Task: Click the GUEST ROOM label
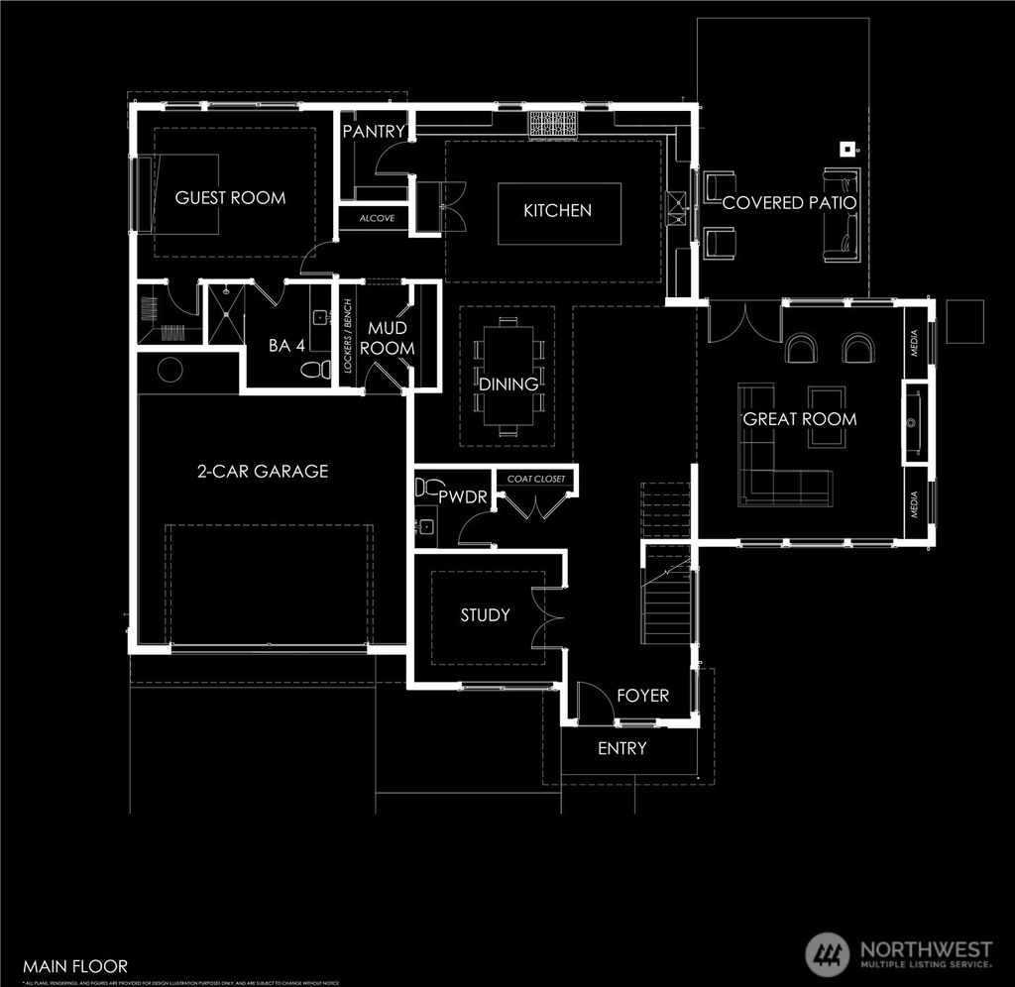tap(230, 198)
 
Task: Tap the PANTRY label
tap(374, 132)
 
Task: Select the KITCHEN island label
tap(557, 210)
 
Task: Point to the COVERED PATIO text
tap(789, 203)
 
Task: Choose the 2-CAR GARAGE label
tap(262, 472)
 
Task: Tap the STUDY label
tap(485, 615)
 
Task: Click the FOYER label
tap(642, 696)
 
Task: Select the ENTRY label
tap(621, 748)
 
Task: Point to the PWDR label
tap(463, 497)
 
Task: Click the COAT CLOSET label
tap(536, 480)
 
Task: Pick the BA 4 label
tap(285, 346)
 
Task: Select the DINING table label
tap(508, 384)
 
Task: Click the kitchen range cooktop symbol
tap(552, 124)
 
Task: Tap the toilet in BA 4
tap(317, 370)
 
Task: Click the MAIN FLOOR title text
tap(75, 965)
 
